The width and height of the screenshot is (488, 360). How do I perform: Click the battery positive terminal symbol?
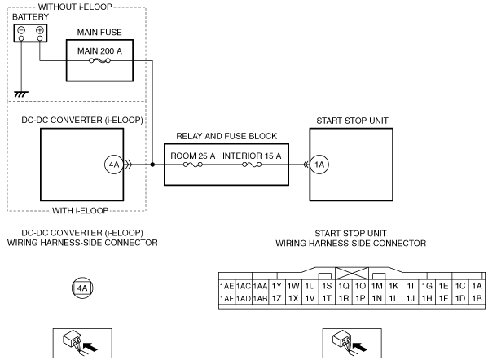[x=40, y=30]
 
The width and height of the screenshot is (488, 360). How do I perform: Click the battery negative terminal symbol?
[x=21, y=30]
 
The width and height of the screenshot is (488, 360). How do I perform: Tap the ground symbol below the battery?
[x=21, y=94]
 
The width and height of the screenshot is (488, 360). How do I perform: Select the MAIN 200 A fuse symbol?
[x=99, y=60]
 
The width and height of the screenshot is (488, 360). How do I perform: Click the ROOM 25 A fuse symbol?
[x=193, y=165]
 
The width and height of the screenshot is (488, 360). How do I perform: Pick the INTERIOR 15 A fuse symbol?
[x=252, y=165]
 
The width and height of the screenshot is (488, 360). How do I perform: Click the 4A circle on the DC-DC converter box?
[x=114, y=165]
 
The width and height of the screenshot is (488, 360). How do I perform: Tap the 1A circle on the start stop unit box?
[x=319, y=165]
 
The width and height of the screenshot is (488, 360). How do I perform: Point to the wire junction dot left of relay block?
[x=152, y=165]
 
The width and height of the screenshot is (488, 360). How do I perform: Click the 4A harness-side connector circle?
[x=82, y=288]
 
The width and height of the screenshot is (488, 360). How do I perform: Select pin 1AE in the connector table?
[x=226, y=286]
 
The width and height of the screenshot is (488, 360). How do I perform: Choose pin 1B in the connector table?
[x=477, y=298]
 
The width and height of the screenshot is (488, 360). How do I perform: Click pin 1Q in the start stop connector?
[x=344, y=286]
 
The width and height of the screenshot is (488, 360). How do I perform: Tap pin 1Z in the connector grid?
[x=277, y=298]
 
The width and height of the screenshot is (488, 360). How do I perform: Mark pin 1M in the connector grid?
[x=377, y=286]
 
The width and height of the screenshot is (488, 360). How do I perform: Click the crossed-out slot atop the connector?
[x=352, y=274]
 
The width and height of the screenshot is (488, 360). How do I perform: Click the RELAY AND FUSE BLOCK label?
[x=226, y=136]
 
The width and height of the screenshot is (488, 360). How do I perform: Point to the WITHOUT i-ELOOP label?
[x=75, y=7]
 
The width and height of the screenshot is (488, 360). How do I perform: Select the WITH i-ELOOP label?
[x=81, y=211]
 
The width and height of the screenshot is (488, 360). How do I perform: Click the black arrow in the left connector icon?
[x=90, y=346]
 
